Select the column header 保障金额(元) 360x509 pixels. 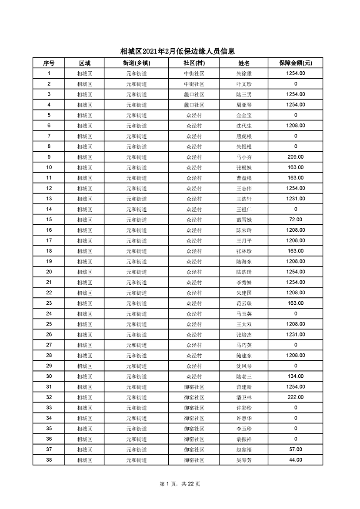(x=295, y=63)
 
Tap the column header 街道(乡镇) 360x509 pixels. (x=137, y=63)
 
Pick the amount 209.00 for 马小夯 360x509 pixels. (x=295, y=157)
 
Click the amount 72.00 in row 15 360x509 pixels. (x=295, y=220)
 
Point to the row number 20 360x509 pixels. (x=49, y=272)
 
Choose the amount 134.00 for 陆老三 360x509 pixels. (x=295, y=376)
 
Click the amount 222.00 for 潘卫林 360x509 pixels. (x=295, y=397)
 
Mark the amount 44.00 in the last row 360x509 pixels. (x=295, y=460)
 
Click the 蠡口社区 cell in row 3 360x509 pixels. (x=194, y=94)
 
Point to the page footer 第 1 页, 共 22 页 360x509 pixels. (x=180, y=484)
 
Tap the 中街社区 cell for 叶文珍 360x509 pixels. (x=194, y=84)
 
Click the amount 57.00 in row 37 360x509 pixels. (x=295, y=449)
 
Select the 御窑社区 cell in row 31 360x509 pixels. (x=194, y=387)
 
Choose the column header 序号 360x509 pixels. (x=49, y=63)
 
